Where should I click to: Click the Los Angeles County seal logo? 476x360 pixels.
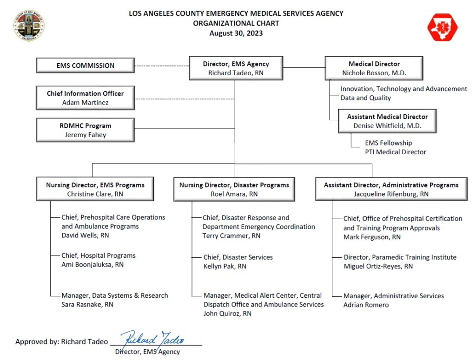coord(29,26)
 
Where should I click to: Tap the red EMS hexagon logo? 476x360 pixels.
coord(442,27)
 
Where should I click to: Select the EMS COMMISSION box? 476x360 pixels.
coord(86,65)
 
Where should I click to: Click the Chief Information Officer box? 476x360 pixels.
coord(86,98)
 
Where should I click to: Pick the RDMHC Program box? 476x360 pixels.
coord(86,130)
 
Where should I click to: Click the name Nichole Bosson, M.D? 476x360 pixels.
coord(374,73)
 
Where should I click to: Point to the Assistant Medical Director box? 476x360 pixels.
coord(387,121)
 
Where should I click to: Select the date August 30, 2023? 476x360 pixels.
coord(236,33)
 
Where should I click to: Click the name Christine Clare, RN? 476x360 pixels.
coord(95,194)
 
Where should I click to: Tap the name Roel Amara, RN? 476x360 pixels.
coord(234,194)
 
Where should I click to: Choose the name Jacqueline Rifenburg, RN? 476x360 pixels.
coord(391,194)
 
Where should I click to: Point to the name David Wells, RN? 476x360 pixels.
coord(85,236)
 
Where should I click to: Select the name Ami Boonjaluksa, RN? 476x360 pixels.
coord(93,265)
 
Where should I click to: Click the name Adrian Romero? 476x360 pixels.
coord(366,305)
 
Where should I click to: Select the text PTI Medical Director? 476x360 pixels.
coord(395,152)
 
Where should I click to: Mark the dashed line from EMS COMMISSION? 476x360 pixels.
coord(162,66)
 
